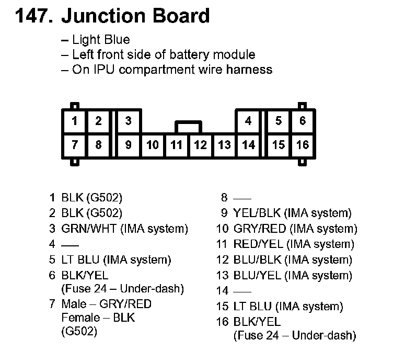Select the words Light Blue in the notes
coord(101,40)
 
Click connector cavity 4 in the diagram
coord(248,121)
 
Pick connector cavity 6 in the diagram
coord(302,121)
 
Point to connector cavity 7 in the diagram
coord(74,144)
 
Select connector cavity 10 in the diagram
coord(152,144)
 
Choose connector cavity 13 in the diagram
coord(224,144)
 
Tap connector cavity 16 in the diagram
coord(302,144)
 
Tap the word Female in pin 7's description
coord(80,318)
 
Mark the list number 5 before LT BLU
coord(52,259)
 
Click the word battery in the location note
coord(199,54)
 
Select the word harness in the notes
coord(249,69)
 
